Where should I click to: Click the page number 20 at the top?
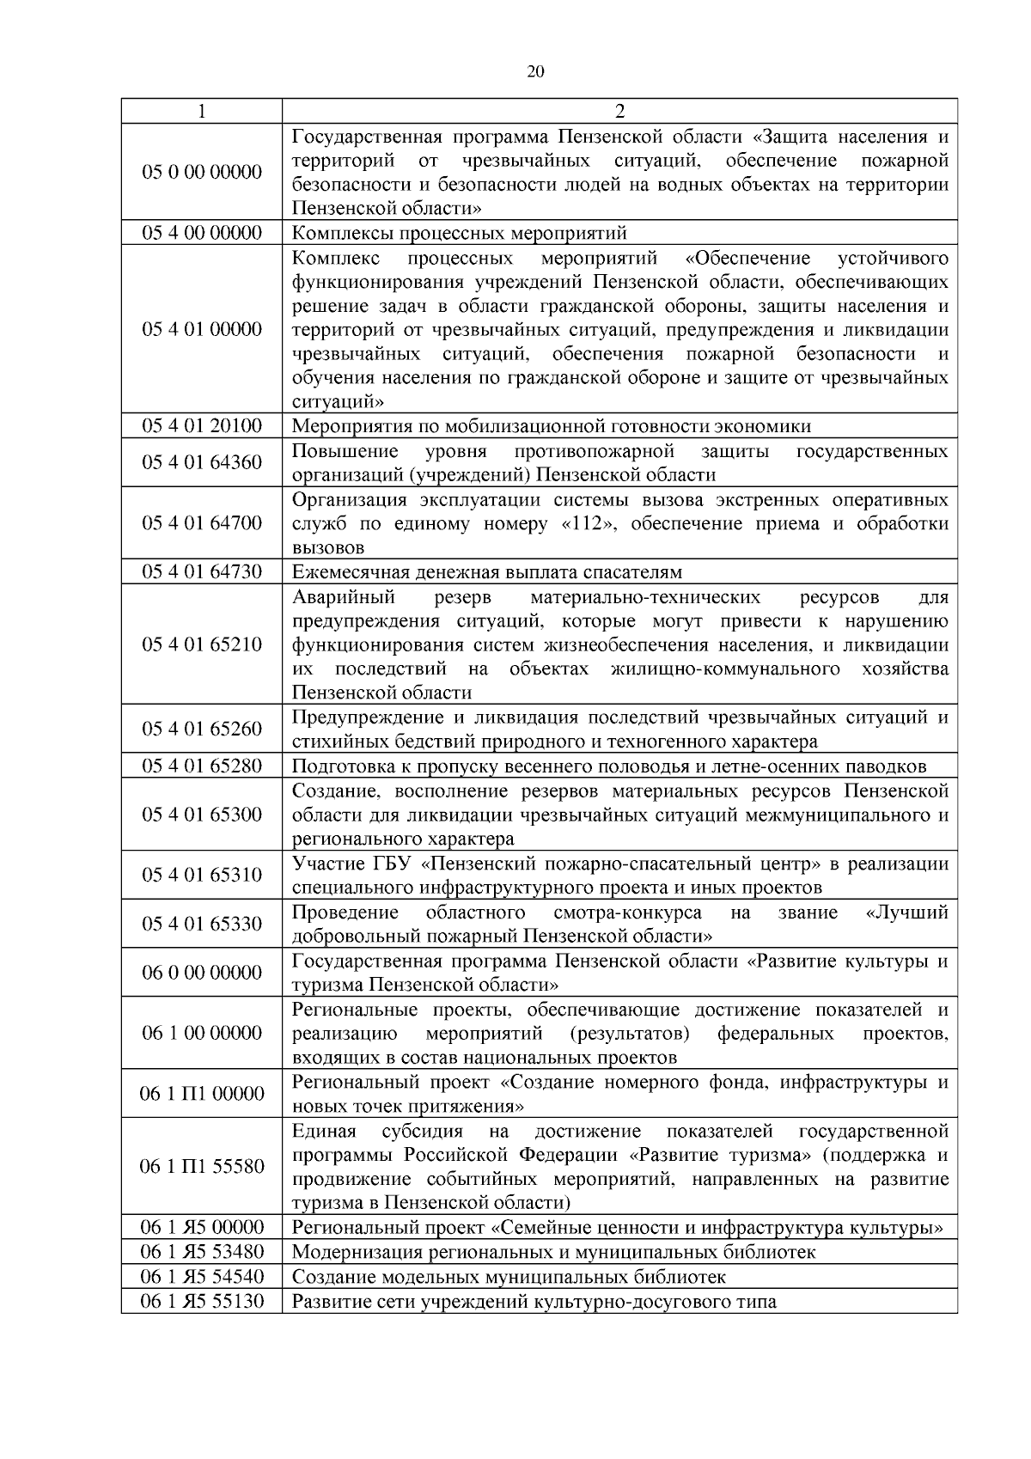coord(534,71)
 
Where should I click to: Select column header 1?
coord(201,112)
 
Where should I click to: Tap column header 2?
coord(619,112)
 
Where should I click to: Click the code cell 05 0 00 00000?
coord(202,172)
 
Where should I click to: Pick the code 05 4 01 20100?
coord(202,426)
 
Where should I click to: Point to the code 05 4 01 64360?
coord(202,463)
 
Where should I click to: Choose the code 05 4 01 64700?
coord(202,523)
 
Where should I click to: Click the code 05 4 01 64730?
coord(202,572)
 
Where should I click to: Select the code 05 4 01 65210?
coord(202,644)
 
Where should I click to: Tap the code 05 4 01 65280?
coord(202,766)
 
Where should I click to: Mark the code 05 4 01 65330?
coord(202,924)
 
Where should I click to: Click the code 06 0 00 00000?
coord(202,973)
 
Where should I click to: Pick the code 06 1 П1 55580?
coord(202,1166)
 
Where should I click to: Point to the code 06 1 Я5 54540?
coord(202,1277)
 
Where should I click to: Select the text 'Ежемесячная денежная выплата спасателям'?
coord(487,572)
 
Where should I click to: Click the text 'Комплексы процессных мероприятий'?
coord(460,233)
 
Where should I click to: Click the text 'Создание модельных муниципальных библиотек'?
coord(509,1277)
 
